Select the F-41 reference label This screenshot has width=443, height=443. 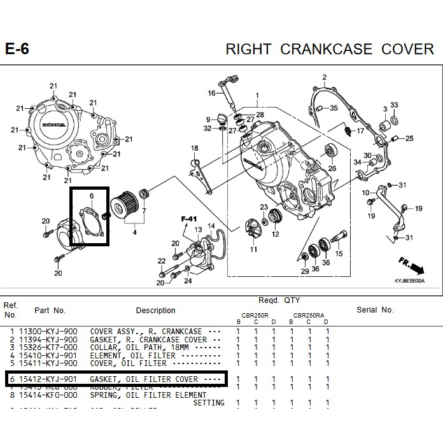pyautogui.click(x=189, y=219)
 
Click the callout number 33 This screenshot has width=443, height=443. pyautogui.click(x=394, y=105)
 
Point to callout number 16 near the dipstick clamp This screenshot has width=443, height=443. pyautogui.click(x=211, y=93)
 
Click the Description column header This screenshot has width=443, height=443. pyautogui.click(x=155, y=311)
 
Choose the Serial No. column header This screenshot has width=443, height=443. pyautogui.click(x=375, y=310)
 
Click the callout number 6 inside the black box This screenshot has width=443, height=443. pyautogui.click(x=92, y=195)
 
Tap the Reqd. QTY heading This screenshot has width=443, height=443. pyautogui.click(x=279, y=300)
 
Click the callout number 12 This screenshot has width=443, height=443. pyautogui.click(x=275, y=234)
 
